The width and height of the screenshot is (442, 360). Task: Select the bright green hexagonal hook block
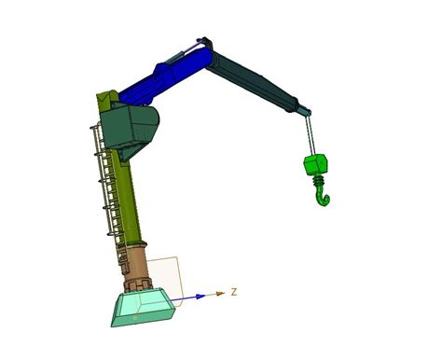coord(315,165)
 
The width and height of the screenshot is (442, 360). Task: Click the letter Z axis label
coord(234,292)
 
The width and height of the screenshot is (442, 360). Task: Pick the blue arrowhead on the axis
coord(200,297)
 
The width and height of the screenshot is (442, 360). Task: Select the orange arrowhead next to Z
coord(220,293)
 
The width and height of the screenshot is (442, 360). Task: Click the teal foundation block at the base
coord(143,308)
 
